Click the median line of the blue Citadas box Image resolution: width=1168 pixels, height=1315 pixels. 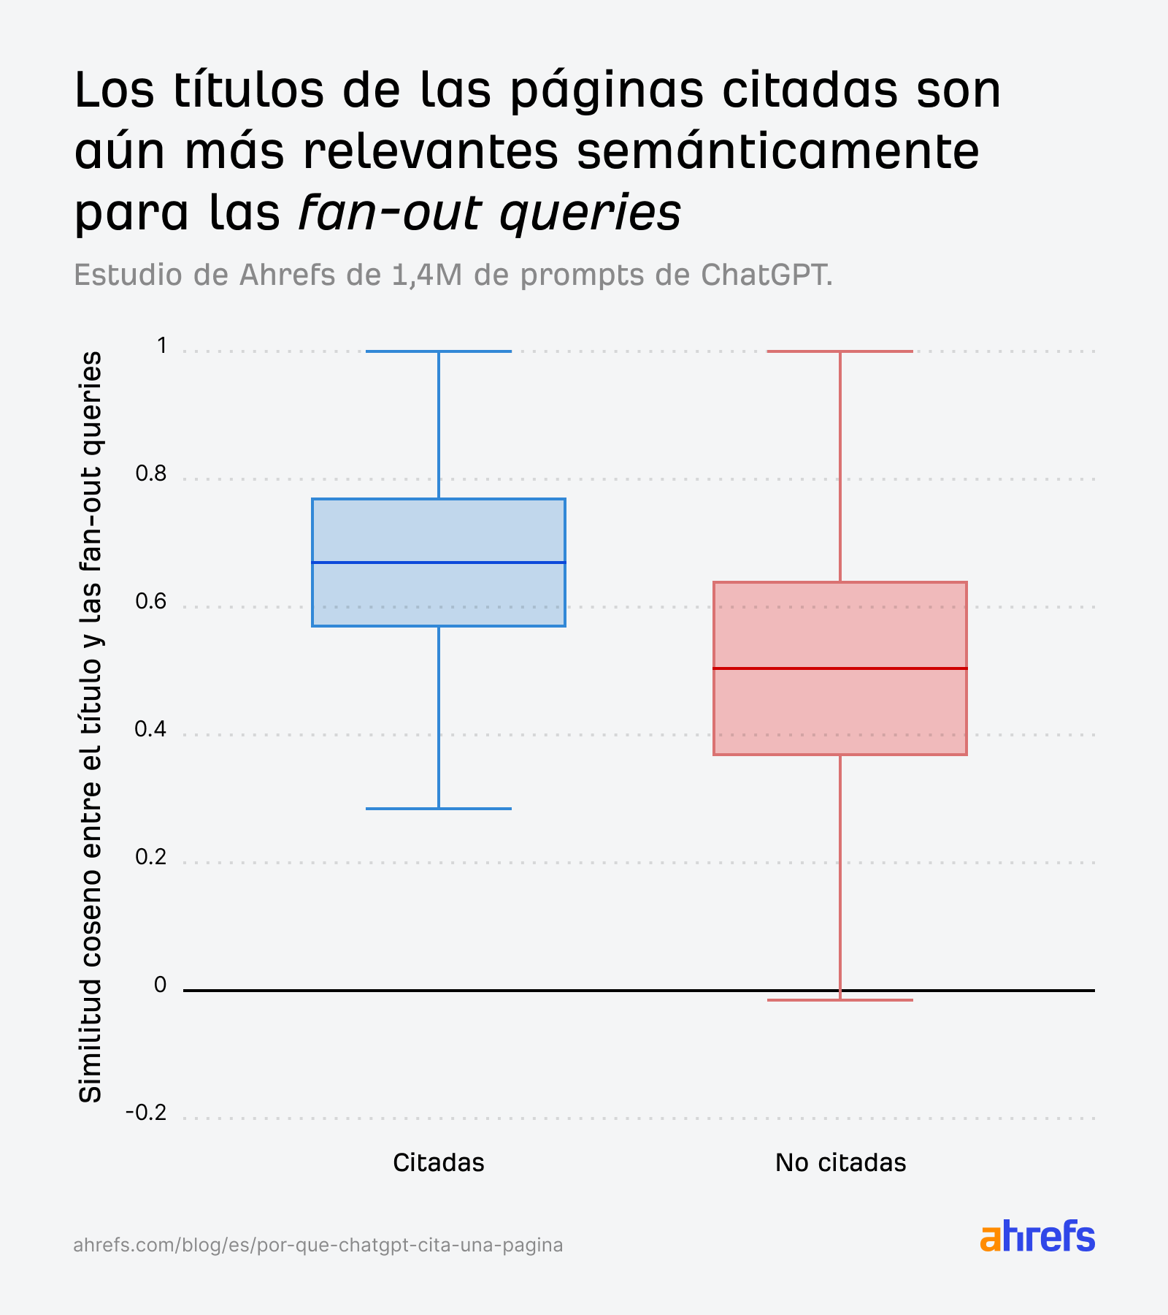pyautogui.click(x=438, y=563)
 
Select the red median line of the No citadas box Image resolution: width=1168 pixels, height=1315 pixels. pyautogui.click(x=839, y=668)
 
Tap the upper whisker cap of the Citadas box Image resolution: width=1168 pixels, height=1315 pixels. pyautogui.click(x=438, y=351)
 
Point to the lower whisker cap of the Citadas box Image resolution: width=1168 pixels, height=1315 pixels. pyautogui.click(x=438, y=809)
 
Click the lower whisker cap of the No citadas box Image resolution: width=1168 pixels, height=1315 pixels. pyautogui.click(x=839, y=999)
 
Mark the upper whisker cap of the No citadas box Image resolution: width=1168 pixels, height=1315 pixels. pyautogui.click(x=839, y=351)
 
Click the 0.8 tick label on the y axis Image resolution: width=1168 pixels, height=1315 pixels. pyautogui.click(x=151, y=474)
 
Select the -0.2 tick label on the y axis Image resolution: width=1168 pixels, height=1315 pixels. pyautogui.click(x=146, y=1113)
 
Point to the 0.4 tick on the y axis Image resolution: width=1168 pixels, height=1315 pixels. pyautogui.click(x=151, y=729)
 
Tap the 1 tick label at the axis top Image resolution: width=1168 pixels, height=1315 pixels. pyautogui.click(x=161, y=346)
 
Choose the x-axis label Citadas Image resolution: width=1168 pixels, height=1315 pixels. pyautogui.click(x=438, y=1162)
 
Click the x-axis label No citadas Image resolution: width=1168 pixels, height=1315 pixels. pyautogui.click(x=840, y=1162)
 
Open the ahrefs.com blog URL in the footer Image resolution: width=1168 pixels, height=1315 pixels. pyautogui.click(x=318, y=1245)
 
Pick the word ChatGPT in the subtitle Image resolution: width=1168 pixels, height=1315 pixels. pyautogui.click(x=766, y=275)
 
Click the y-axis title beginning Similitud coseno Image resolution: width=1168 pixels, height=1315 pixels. pyautogui.click(x=91, y=727)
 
